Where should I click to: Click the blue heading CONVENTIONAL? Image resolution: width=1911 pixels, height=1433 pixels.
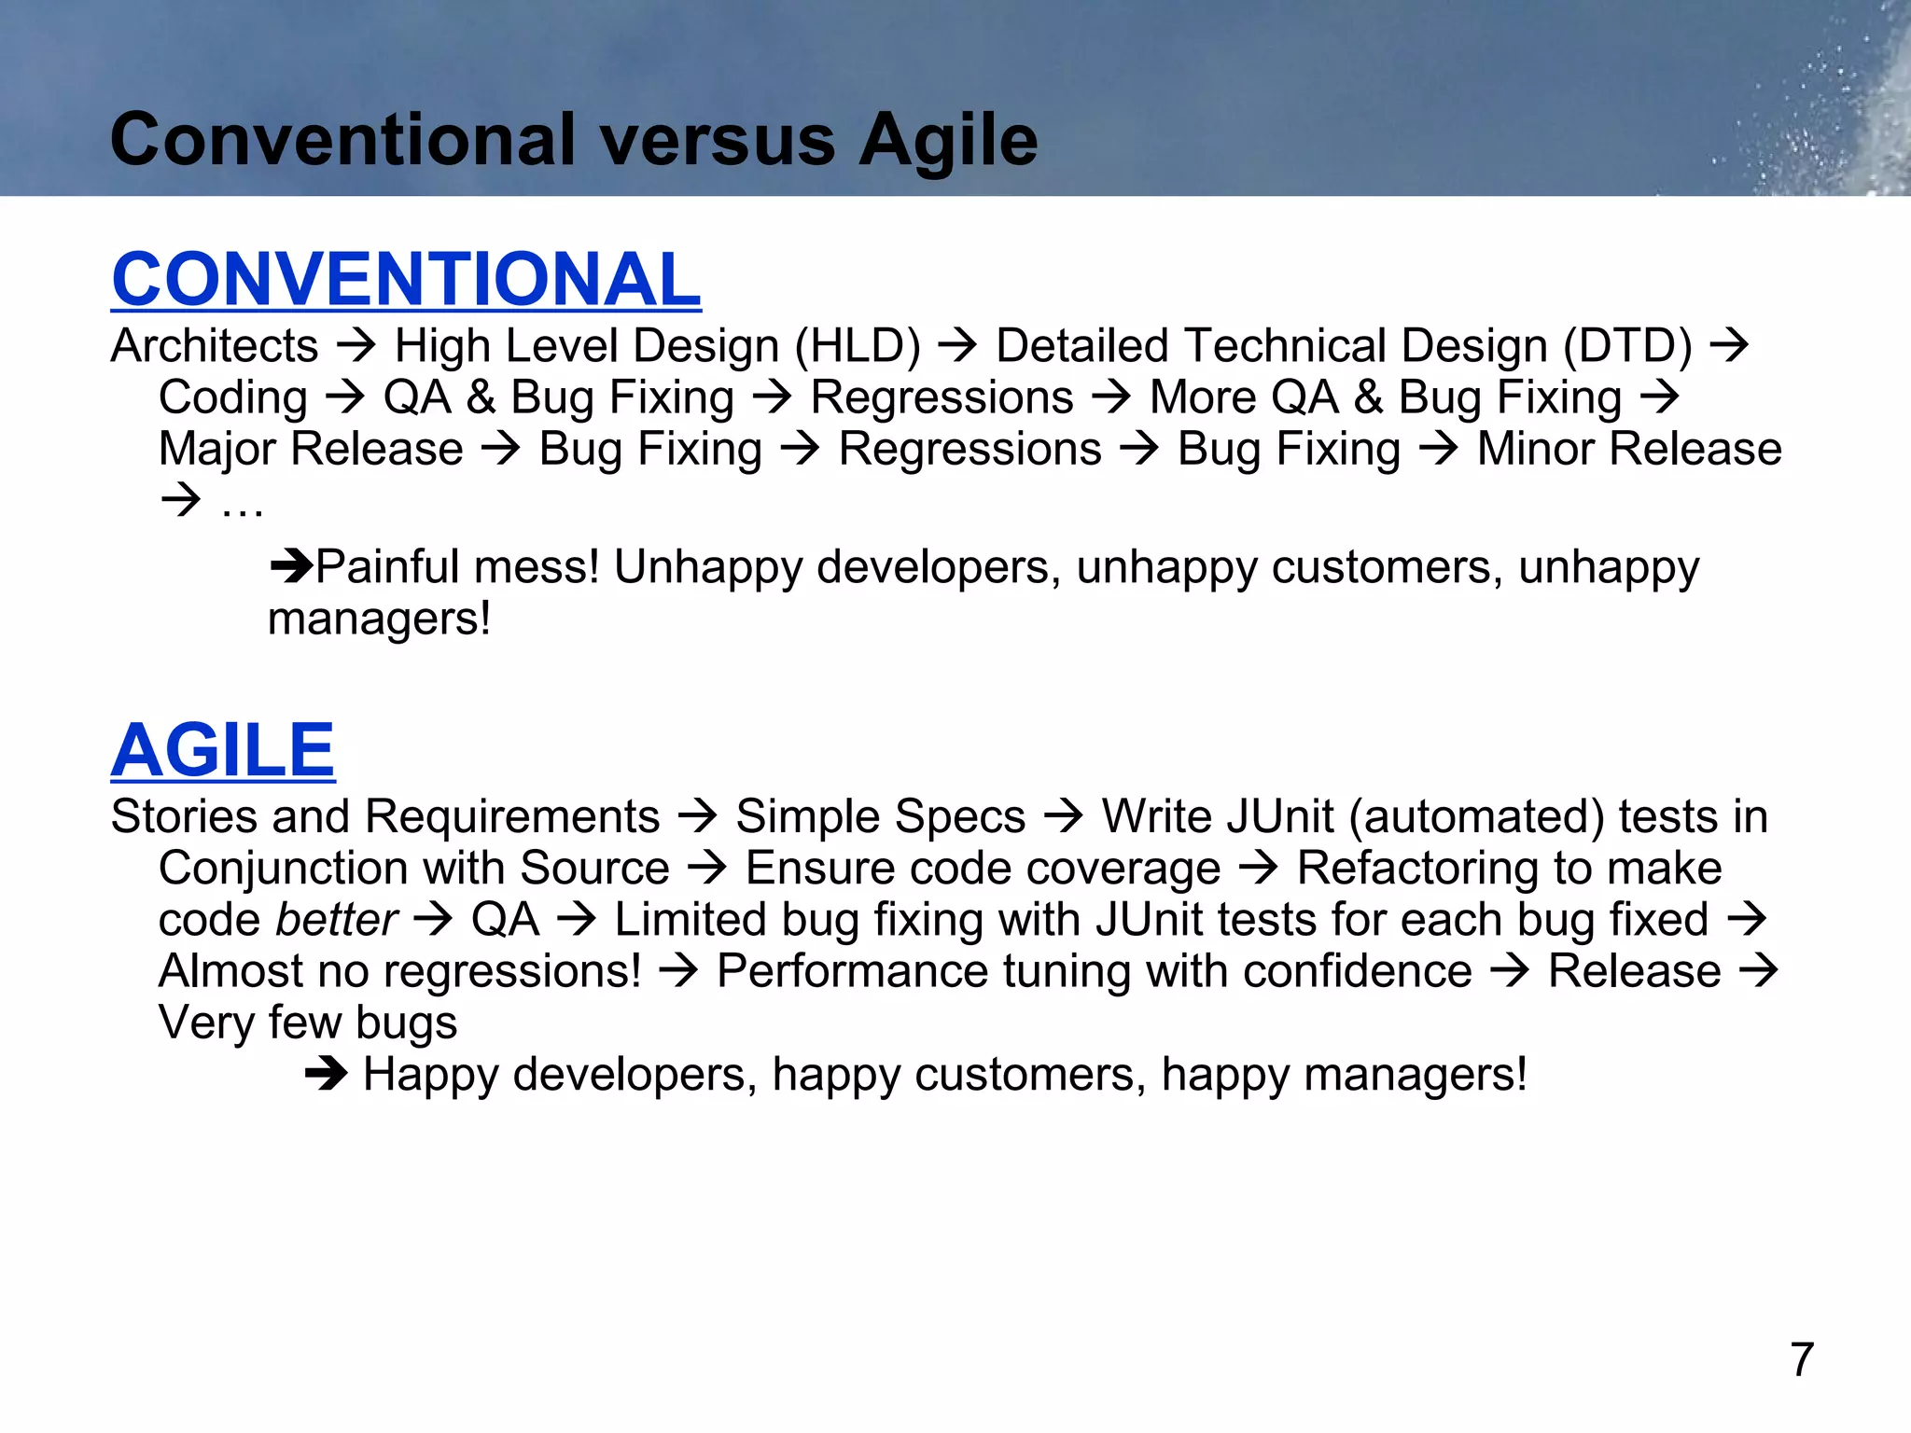click(x=406, y=279)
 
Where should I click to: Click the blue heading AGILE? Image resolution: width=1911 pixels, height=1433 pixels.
click(x=223, y=750)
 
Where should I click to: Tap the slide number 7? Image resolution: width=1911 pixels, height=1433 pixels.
click(x=1802, y=1359)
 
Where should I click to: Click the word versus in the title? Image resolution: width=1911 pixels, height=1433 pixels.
click(x=717, y=140)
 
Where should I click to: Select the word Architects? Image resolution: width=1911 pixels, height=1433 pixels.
click(x=215, y=346)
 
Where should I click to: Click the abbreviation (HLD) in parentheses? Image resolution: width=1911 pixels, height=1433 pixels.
click(x=858, y=346)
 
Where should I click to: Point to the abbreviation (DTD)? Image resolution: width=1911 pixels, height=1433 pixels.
click(x=1627, y=346)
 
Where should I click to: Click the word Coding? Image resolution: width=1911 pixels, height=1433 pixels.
click(x=233, y=398)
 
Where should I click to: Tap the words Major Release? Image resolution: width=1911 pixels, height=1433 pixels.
click(x=311, y=450)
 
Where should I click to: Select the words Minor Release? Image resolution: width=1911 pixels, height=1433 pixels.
click(x=1629, y=450)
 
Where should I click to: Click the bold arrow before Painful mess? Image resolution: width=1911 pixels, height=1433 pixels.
click(x=291, y=566)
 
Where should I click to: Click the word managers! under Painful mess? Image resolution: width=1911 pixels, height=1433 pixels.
click(x=379, y=619)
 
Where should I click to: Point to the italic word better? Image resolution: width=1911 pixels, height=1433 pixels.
click(x=337, y=920)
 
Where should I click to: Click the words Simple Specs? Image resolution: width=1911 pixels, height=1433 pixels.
click(x=880, y=817)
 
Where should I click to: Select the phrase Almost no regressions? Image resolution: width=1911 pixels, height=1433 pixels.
click(x=400, y=971)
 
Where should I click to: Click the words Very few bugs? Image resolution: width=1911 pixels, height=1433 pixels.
click(x=308, y=1023)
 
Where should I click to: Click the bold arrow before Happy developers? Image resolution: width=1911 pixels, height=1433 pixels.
click(x=326, y=1076)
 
